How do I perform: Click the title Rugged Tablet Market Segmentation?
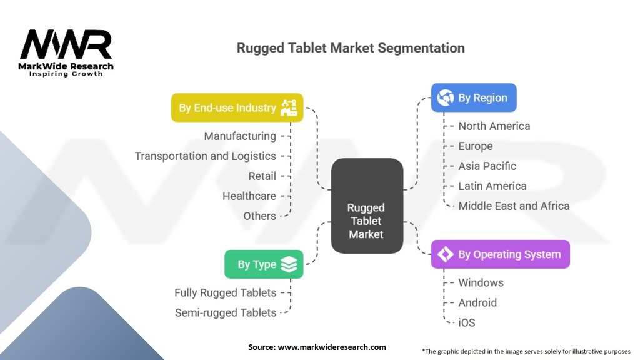351,48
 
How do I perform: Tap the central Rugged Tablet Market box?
366,206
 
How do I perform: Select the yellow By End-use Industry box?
237,107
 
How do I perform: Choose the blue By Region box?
474,98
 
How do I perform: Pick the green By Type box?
264,264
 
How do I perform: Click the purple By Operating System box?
500,254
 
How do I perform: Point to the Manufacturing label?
240,136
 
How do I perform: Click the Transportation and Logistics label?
206,156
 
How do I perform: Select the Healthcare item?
249,196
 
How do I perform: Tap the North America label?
494,126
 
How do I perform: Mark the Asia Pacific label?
487,166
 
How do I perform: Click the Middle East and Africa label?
514,206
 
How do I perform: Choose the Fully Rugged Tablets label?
225,292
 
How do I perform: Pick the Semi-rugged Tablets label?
225,312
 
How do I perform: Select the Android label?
477,302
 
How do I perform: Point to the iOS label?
467,322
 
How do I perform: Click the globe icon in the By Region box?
446,98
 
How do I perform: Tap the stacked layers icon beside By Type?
289,264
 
